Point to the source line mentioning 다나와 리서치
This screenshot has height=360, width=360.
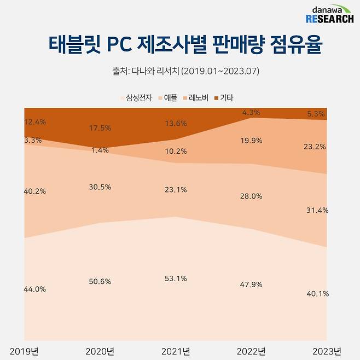tap(180, 71)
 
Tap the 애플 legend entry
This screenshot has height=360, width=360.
tap(168, 98)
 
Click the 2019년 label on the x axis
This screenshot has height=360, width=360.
tap(23, 351)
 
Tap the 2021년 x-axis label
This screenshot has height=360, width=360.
tap(176, 351)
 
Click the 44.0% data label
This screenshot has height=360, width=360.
tap(35, 289)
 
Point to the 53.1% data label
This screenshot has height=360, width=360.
tap(176, 278)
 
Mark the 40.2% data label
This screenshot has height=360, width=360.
tap(35, 191)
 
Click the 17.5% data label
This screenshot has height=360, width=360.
tap(100, 128)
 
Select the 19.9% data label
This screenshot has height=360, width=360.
tap(251, 141)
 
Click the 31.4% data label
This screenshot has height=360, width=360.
tap(317, 211)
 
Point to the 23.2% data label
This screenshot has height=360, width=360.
tap(317, 147)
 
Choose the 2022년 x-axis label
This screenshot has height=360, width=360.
tap(252, 351)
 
